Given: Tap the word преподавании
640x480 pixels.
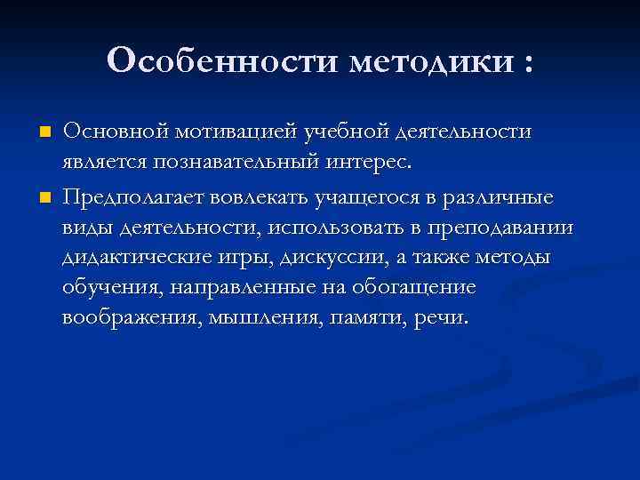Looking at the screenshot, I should pos(502,227).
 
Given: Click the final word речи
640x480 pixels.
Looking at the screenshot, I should pos(440,319).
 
